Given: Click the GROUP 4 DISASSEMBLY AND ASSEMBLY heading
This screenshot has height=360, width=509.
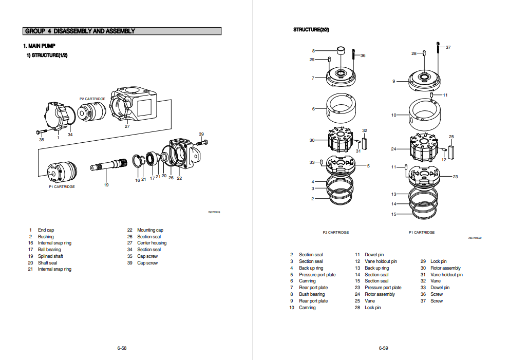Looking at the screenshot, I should [80, 31].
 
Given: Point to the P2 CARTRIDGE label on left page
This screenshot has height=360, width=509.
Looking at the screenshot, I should [92, 99].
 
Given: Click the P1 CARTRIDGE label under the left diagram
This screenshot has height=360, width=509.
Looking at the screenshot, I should [62, 186].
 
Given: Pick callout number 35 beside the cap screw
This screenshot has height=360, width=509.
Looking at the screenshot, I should [42, 139].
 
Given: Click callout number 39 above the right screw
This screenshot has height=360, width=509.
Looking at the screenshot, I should [201, 134].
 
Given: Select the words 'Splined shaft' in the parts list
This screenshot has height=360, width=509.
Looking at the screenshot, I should [50, 256].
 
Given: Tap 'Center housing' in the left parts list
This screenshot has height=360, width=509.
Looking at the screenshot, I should [152, 243].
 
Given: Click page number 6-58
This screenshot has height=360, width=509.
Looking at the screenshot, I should [122, 348].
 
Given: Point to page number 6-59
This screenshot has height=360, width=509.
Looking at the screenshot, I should [383, 348].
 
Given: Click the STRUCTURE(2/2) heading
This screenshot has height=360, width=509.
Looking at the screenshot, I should [311, 30].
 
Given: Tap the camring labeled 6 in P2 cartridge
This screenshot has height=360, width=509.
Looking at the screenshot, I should [340, 108].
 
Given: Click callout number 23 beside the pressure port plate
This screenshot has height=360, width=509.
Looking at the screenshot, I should [455, 177].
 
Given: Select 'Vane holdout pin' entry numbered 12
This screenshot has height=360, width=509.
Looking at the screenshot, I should [381, 261].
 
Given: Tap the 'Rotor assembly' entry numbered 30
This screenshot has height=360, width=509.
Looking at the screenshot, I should [445, 268].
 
